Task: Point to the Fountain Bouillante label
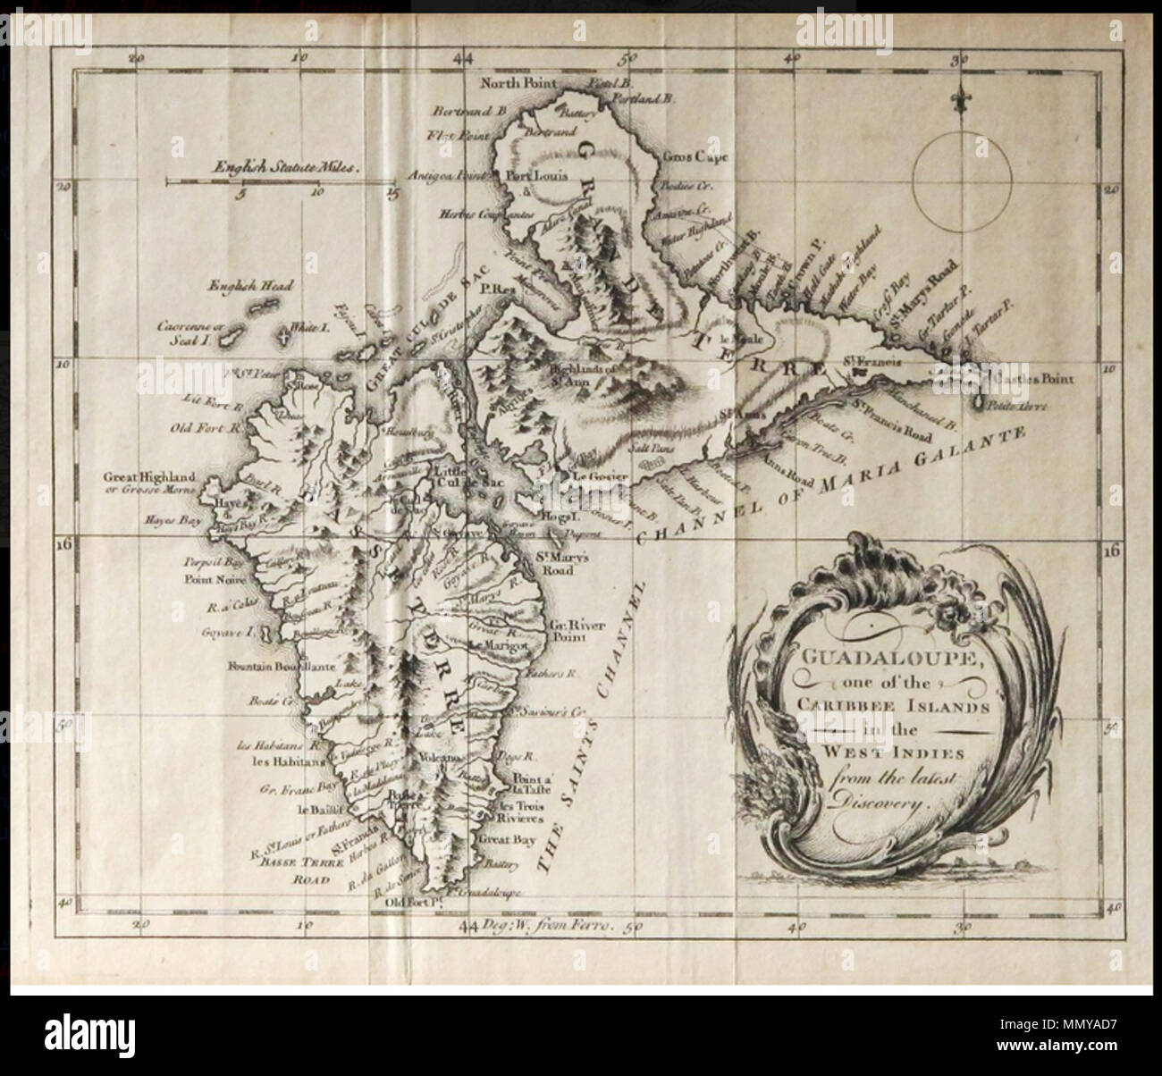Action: click(269, 667)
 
